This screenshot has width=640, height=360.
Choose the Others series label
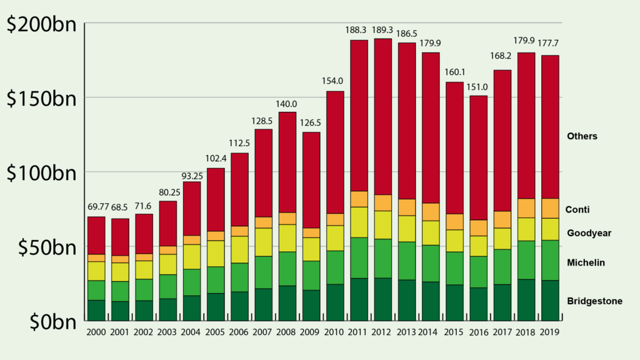click(582, 136)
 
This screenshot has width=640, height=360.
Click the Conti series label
click(578, 210)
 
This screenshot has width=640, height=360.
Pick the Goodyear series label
click(589, 233)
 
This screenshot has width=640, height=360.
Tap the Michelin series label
click(586, 262)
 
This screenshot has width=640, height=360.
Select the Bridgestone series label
click(594, 301)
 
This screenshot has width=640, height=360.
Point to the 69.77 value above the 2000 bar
click(96, 207)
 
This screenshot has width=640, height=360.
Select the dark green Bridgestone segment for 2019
click(550, 300)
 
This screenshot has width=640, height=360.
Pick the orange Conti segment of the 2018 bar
click(526, 208)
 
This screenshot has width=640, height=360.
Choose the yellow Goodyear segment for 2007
click(263, 242)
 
